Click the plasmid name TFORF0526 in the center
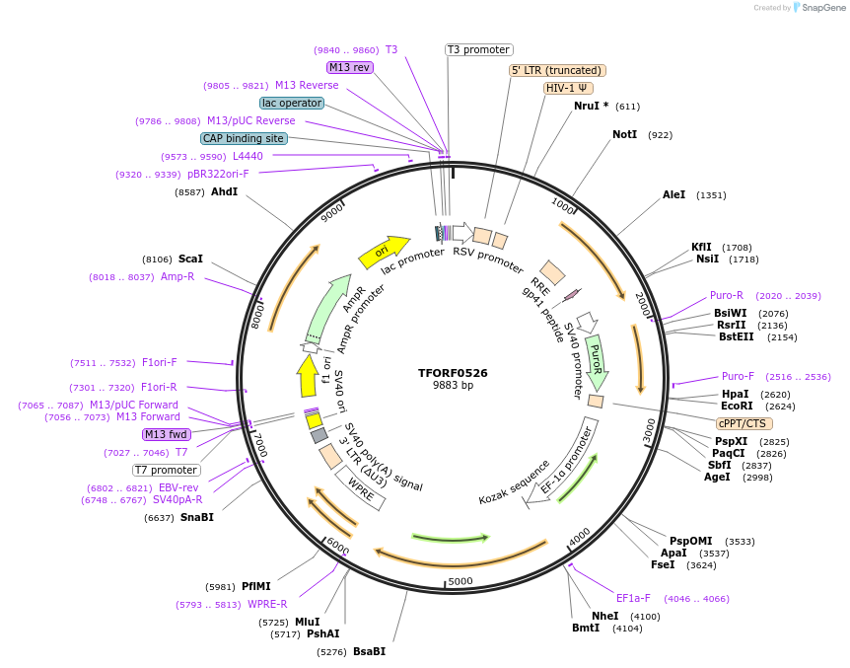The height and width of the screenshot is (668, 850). [453, 373]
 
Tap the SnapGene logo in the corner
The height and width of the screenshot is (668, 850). [819, 8]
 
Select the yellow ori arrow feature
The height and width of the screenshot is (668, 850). [384, 252]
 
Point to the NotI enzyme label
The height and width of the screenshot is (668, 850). [624, 134]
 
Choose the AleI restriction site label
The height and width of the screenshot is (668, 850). [673, 195]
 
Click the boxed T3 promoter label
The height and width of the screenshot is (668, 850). [478, 49]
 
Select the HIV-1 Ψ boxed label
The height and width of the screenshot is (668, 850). [568, 88]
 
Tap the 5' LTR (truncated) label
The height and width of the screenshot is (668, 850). [557, 70]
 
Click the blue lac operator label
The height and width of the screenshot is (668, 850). [292, 103]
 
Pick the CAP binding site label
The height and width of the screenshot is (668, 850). [244, 138]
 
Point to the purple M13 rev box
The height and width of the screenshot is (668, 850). [350, 67]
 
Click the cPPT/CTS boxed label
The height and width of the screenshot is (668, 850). [743, 423]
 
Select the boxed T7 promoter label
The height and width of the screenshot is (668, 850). [166, 470]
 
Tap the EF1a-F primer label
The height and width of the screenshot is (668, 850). [633, 598]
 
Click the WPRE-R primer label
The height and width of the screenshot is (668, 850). [267, 604]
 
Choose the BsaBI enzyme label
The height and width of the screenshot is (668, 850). [369, 651]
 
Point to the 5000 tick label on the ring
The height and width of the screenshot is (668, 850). [460, 581]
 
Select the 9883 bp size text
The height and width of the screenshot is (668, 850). [453, 386]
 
